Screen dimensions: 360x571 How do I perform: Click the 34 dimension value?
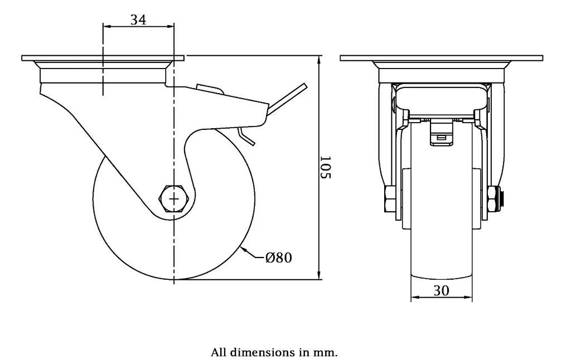(138, 20)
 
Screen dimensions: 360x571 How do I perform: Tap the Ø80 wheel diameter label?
(279, 257)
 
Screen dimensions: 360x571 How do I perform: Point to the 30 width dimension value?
(441, 290)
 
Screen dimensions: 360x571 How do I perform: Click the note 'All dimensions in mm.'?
(274, 352)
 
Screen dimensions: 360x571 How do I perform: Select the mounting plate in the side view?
(103, 58)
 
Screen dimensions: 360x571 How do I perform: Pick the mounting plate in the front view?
(441, 58)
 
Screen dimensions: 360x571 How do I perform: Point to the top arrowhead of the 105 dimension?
(319, 59)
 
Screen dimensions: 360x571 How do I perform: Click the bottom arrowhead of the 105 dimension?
(319, 275)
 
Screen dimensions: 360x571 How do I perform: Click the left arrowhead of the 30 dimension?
(414, 299)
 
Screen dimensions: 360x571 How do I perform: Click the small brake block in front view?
(441, 134)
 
